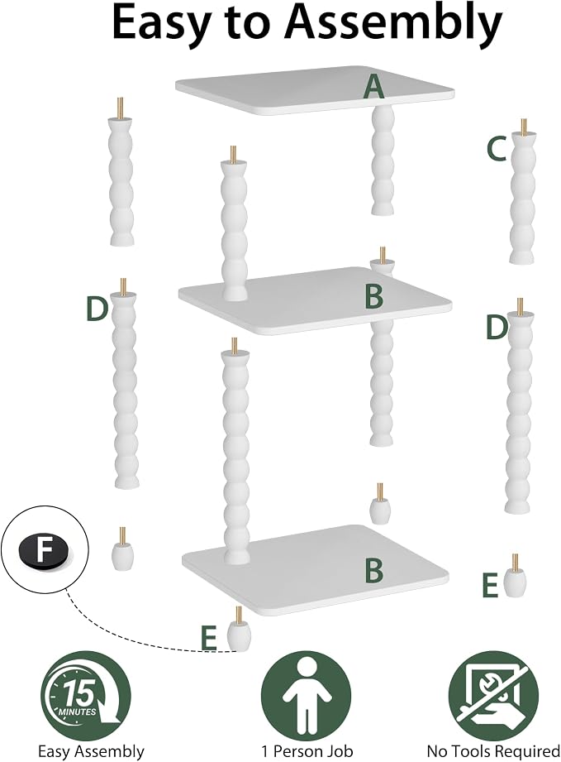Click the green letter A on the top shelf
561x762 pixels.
tap(373, 88)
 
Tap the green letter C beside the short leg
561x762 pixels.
tap(497, 149)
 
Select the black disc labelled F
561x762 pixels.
tap(44, 551)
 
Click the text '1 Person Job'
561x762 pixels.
tap(307, 751)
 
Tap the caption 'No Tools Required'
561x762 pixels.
tap(493, 751)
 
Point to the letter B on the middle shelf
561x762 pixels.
tap(373, 296)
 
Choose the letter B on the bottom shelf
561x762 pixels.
tap(373, 571)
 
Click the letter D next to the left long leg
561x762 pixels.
tap(96, 309)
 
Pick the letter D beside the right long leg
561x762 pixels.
tap(497, 327)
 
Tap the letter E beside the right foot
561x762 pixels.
tap(490, 585)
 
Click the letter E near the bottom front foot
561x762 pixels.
tap(209, 638)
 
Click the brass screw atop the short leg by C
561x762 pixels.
tap(523, 127)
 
